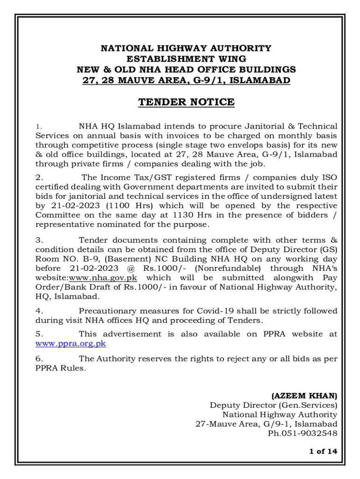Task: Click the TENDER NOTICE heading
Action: pos(186,102)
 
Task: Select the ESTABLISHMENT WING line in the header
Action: pos(186,59)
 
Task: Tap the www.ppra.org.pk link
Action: pos(71,343)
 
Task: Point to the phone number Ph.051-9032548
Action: pos(302,433)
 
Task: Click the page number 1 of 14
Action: pos(323,451)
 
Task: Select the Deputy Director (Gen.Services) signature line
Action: pos(273,405)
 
